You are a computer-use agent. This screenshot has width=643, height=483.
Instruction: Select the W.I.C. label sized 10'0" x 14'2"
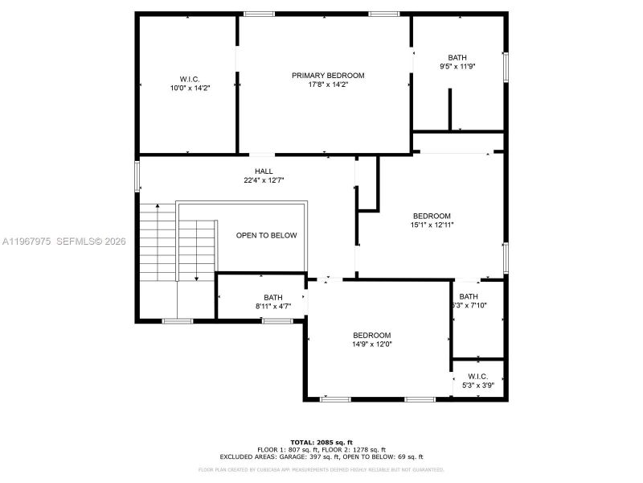click(x=184, y=79)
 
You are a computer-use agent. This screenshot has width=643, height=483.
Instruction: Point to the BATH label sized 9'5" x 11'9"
click(x=457, y=57)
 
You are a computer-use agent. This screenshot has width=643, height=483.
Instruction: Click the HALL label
click(x=264, y=171)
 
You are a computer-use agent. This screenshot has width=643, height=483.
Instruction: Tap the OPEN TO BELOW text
click(x=266, y=236)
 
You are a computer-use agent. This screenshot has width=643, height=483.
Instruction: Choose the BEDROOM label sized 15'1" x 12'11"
click(x=432, y=216)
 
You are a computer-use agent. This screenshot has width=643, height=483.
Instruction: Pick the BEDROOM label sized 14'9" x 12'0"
click(x=371, y=335)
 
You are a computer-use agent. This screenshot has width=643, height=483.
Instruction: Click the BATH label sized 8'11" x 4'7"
click(x=273, y=297)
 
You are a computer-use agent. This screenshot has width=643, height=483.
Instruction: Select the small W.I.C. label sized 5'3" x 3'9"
click(x=478, y=376)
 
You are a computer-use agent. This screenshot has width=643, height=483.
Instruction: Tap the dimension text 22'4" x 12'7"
click(x=264, y=180)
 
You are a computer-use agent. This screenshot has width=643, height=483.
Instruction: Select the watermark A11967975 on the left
click(x=27, y=241)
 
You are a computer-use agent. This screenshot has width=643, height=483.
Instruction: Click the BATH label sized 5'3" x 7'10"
click(x=469, y=296)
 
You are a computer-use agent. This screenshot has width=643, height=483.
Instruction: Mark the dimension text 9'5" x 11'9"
click(x=457, y=67)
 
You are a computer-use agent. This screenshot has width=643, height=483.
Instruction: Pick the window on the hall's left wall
click(x=137, y=174)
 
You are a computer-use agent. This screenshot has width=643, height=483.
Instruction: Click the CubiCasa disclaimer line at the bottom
click(x=321, y=469)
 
